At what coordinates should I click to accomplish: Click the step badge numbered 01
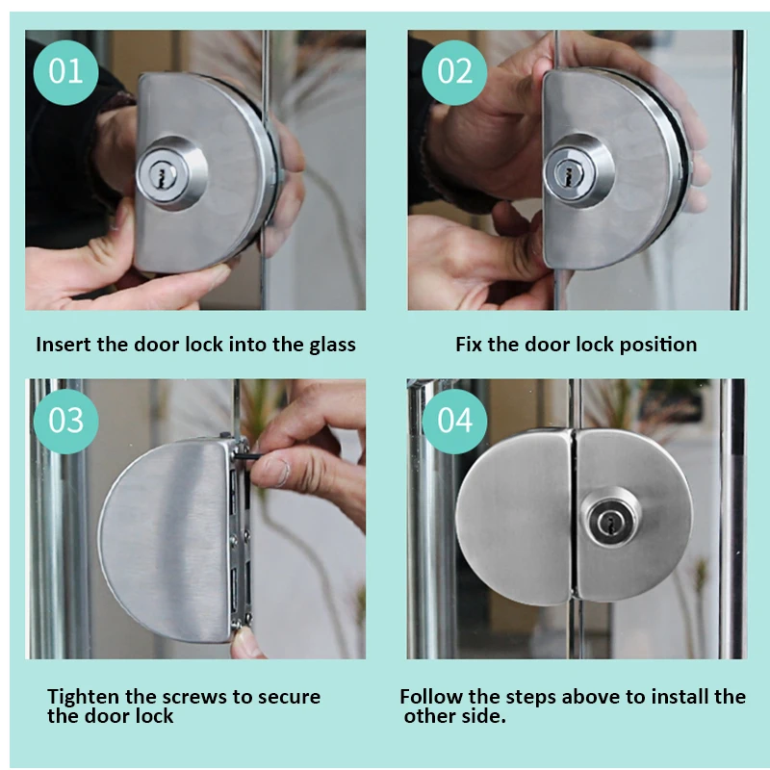[65, 72]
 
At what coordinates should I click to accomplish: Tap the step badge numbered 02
[454, 72]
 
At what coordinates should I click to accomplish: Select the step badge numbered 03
[65, 422]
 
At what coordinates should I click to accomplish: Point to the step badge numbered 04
[454, 422]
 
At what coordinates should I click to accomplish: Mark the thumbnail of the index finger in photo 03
[279, 473]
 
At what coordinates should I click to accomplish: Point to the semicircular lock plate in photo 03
[165, 539]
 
